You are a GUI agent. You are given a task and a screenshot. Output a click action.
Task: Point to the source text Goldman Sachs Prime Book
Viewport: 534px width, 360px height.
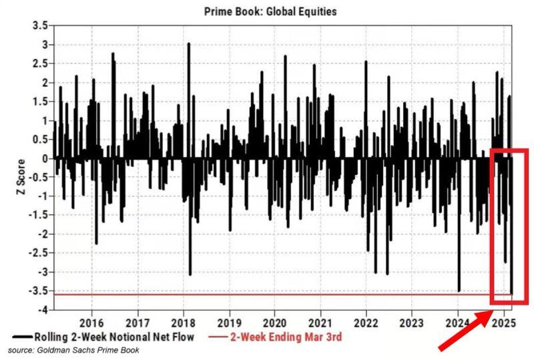(73, 350)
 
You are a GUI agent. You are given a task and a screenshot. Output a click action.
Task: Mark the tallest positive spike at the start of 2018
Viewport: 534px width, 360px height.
(189, 44)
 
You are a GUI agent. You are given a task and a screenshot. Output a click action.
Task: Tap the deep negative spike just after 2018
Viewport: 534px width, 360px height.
(190, 273)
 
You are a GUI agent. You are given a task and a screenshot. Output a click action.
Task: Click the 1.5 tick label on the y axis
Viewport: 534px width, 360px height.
(39, 102)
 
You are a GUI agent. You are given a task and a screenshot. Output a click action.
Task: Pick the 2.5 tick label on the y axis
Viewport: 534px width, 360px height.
(39, 63)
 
